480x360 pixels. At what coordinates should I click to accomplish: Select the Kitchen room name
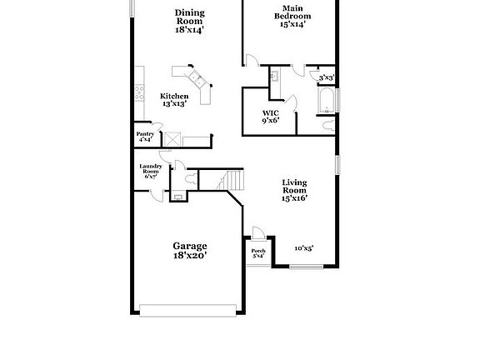click(174, 96)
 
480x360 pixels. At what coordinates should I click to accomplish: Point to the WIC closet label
click(271, 112)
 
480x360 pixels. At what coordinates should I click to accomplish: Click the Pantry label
click(145, 133)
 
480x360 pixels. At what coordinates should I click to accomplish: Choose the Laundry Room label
click(151, 168)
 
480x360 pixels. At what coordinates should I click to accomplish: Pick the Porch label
click(258, 250)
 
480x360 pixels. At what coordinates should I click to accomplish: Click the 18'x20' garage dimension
click(190, 256)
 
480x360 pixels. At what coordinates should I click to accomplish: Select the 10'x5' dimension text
click(303, 247)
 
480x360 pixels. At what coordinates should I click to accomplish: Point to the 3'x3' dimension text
click(327, 77)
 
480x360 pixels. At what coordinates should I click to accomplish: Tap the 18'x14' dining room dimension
click(190, 29)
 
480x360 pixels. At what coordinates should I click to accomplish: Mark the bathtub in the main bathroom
click(326, 102)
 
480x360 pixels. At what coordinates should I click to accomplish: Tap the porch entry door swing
click(258, 234)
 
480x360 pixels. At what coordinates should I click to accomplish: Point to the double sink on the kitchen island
click(197, 80)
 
